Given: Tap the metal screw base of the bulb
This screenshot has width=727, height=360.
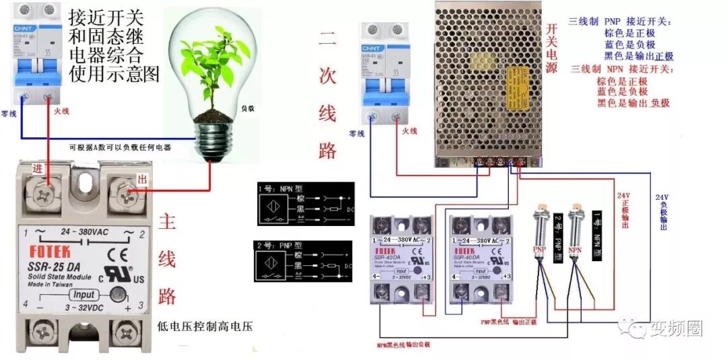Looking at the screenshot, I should pyautogui.click(x=214, y=139).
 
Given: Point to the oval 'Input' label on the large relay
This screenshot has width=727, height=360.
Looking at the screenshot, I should pyautogui.click(x=84, y=295).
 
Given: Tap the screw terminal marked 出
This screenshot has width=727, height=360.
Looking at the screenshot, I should pyautogui.click(x=129, y=194).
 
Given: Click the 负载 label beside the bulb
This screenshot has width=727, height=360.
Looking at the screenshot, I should pyautogui.click(x=247, y=108).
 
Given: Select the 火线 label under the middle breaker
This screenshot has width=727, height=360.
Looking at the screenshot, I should pyautogui.click(x=410, y=131).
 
